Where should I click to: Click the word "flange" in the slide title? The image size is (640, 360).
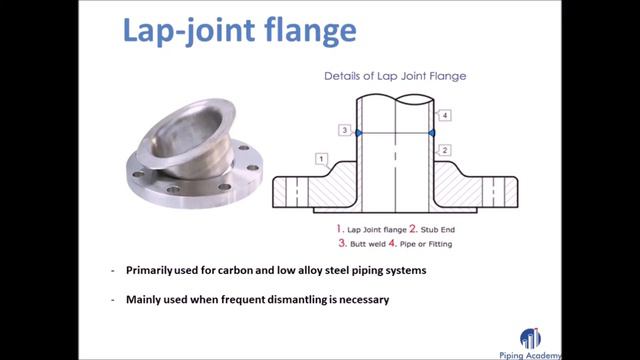tap(305, 31)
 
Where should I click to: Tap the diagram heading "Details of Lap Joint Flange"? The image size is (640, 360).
tap(395, 76)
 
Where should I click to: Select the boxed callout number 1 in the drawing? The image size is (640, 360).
tap(321, 159)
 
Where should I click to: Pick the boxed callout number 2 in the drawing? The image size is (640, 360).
tap(446, 149)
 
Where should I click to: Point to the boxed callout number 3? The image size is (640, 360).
tap(344, 131)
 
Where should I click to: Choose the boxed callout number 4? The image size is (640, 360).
tap(445, 115)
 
